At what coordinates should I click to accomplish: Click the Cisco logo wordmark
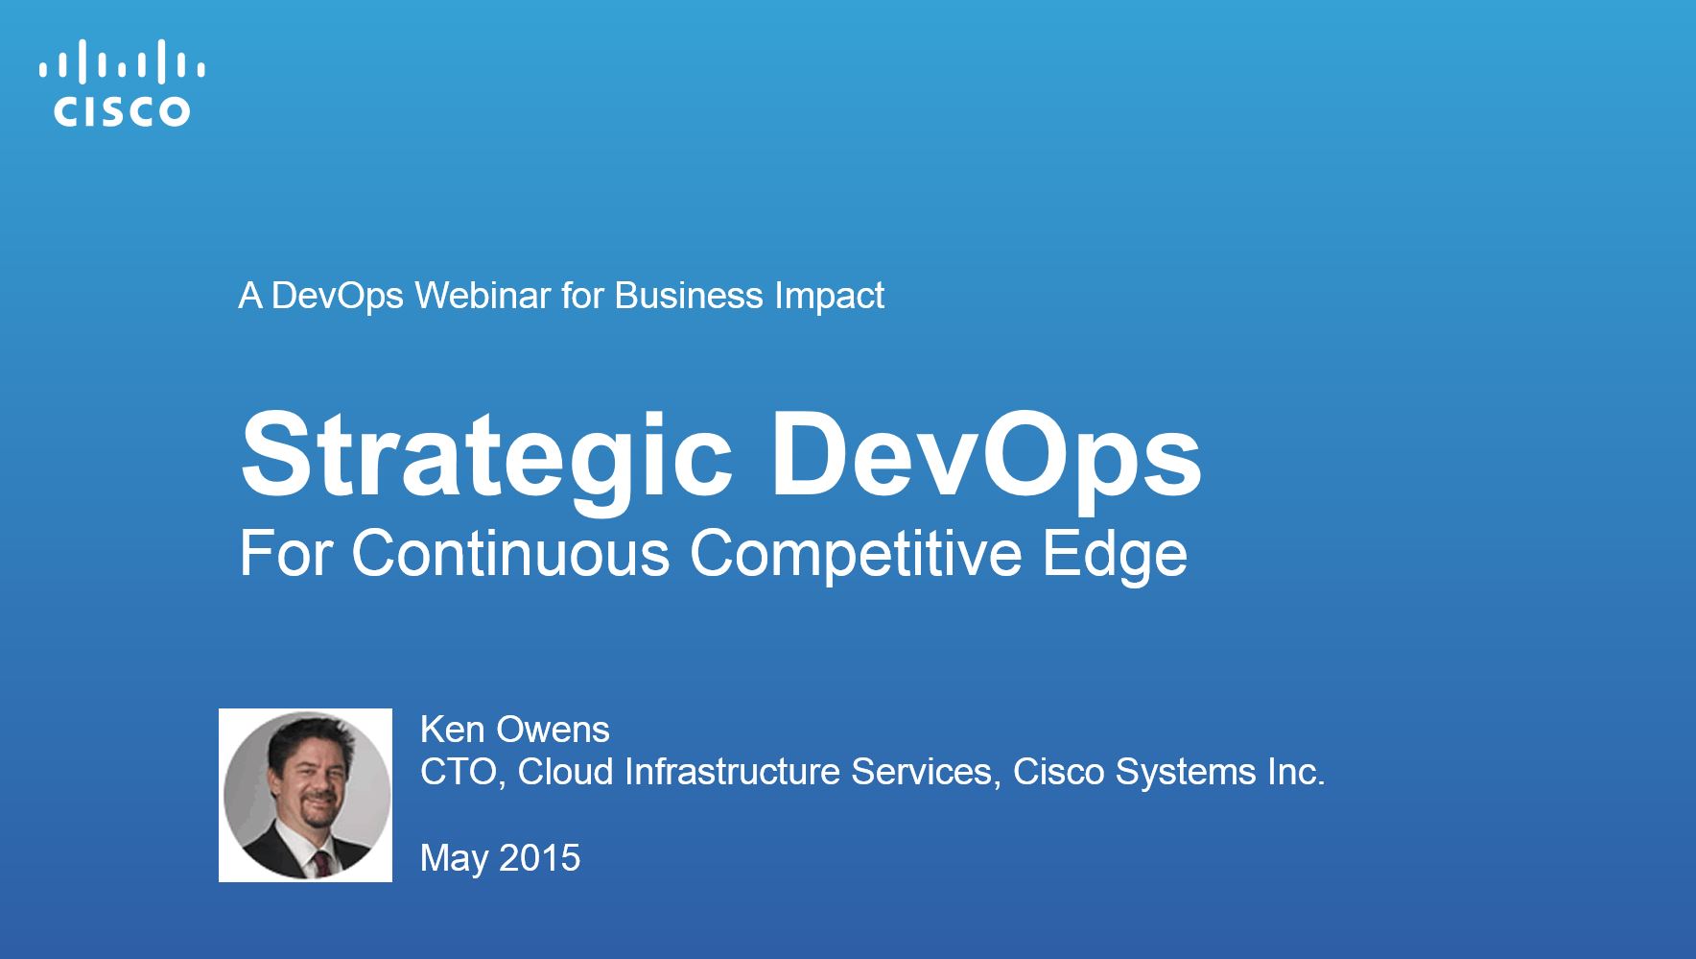point(122,111)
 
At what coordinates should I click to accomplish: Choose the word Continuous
point(510,554)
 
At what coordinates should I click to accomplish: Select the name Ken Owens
point(515,730)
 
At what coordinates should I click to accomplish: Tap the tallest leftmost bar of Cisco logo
point(82,60)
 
